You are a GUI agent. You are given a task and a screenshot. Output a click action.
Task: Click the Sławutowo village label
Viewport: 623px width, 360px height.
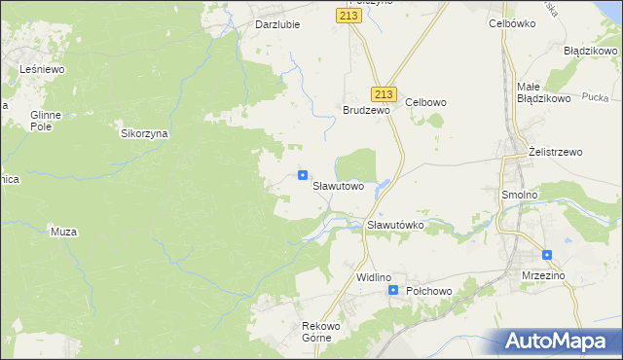coord(338,185)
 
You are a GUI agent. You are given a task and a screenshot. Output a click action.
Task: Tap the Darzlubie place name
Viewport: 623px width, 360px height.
coord(277,24)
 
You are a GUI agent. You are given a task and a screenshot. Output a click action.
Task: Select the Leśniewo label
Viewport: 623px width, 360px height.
coord(42,70)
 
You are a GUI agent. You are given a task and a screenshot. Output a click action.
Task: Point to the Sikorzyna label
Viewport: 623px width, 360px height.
coord(144,134)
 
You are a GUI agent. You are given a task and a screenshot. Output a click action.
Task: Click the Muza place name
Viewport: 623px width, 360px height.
coord(63,232)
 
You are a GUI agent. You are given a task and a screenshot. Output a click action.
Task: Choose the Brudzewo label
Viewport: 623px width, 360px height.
coord(366,111)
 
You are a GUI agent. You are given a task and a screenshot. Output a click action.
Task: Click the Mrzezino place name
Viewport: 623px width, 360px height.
coord(543,275)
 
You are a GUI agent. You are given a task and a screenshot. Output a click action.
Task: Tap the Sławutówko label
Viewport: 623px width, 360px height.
coord(395,225)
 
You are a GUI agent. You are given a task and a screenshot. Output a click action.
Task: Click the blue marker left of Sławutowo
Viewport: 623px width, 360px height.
coord(303,176)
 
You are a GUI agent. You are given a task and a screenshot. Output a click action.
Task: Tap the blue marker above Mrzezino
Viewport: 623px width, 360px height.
coord(547,256)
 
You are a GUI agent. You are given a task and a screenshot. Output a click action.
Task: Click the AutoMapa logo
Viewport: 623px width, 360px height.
coord(558,341)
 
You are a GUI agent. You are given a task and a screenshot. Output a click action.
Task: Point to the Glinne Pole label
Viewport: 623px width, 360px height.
coord(46,121)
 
